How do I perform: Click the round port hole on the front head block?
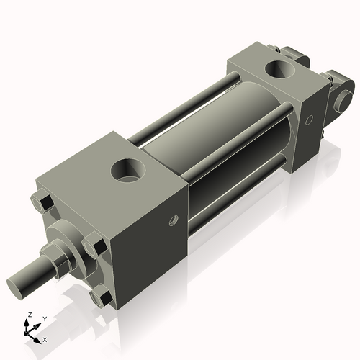[x=127, y=172]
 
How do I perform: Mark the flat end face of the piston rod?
[x=16, y=282]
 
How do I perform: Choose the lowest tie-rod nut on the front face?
[x=103, y=297]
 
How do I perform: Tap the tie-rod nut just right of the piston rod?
[x=91, y=247]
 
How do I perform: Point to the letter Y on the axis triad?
[x=44, y=318]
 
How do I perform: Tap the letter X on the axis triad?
[x=45, y=338]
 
